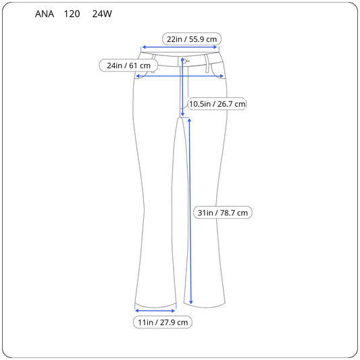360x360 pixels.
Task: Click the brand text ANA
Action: [x=45, y=14]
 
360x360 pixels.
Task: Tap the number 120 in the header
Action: [x=72, y=14]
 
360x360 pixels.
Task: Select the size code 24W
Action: [x=102, y=14]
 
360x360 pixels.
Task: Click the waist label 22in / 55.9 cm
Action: [x=192, y=39]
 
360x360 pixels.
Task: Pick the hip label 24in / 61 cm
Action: [x=128, y=66]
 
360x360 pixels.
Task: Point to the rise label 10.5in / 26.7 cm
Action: [x=217, y=104]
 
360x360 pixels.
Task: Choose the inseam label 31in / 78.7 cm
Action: [x=223, y=213]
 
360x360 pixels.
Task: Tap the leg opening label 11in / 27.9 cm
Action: [x=163, y=322]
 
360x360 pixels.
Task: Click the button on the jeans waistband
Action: [x=184, y=61]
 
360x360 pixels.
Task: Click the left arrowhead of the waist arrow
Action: [x=144, y=47]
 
